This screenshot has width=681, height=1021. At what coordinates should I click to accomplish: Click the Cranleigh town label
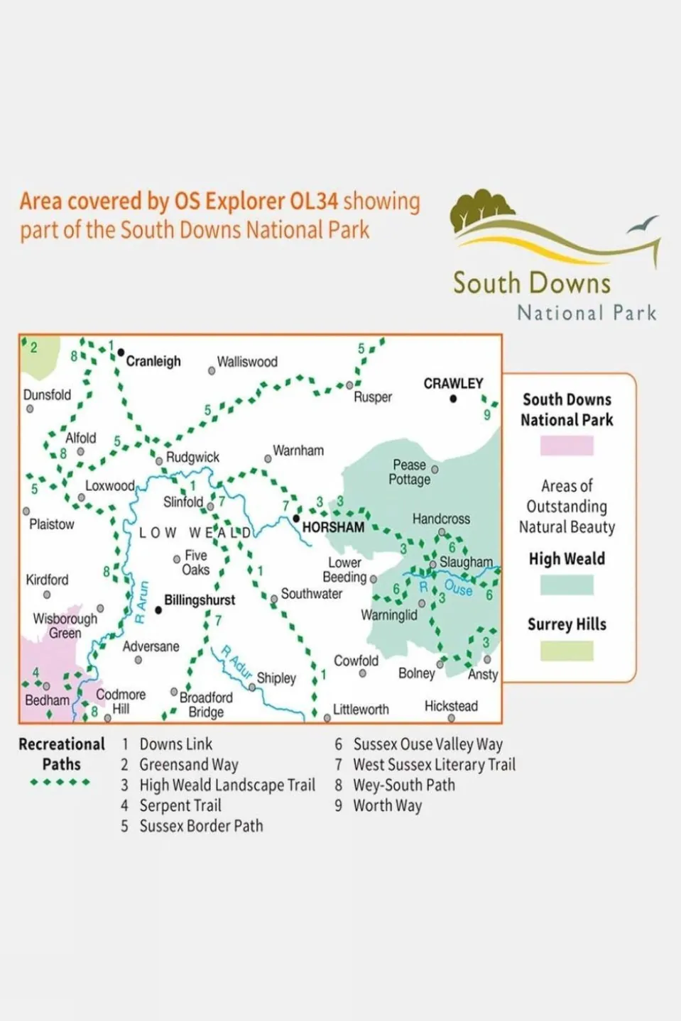pos(153,361)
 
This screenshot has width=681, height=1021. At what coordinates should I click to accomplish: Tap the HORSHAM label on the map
pos(333,527)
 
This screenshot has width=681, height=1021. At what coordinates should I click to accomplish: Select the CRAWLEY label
pos(453,383)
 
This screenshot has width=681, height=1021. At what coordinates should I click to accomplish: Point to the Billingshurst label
pos(200,600)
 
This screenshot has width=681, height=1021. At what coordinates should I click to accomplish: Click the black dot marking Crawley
pos(453,399)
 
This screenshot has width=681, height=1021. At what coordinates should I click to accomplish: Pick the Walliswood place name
pos(247,362)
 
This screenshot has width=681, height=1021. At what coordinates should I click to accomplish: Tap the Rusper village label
pos(373,397)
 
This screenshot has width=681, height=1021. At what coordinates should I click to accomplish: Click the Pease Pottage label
pos(410,473)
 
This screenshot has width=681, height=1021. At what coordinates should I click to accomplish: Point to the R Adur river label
pos(236,661)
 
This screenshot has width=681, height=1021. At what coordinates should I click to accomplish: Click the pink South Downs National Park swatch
pos(567,446)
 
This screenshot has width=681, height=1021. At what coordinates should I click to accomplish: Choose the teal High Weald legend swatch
pos(567,585)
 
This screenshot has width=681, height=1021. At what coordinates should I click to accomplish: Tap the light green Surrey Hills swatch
pos(567,651)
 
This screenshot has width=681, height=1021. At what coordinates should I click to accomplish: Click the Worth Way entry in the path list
pos(387,806)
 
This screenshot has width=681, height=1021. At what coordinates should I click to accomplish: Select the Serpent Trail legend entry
pos(180,806)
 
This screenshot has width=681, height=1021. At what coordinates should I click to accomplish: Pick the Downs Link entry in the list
pos(175,744)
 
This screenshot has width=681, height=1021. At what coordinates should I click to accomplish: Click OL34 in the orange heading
pos(314,202)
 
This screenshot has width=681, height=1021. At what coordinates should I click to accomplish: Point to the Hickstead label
pos(451,706)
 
